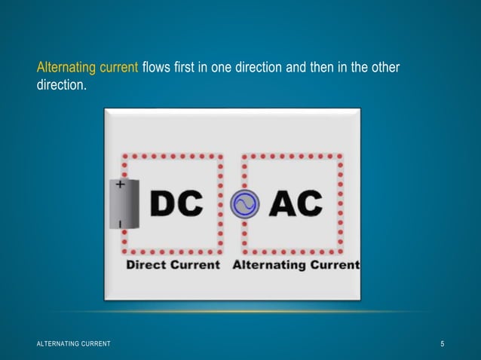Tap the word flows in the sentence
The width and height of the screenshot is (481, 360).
click(x=155, y=69)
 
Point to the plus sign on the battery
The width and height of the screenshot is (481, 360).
click(x=121, y=183)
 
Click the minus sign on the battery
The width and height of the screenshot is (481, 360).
click(x=121, y=224)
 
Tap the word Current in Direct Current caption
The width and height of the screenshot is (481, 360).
click(x=195, y=265)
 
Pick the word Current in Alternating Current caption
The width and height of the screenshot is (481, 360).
click(x=335, y=265)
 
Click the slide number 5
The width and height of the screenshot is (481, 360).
click(x=443, y=344)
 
